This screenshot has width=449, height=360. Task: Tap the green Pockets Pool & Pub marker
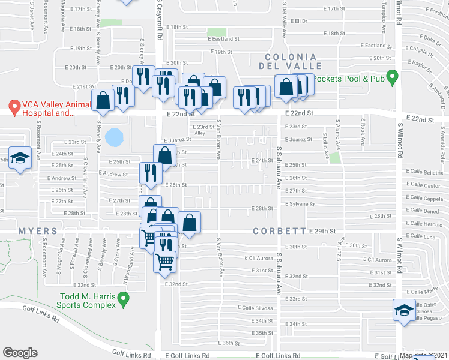point(393,77)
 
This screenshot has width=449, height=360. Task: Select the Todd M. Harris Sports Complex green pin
point(124,298)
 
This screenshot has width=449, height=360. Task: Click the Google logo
point(20,353)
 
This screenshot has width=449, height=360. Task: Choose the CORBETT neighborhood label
point(280,231)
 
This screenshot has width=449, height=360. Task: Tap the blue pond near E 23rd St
point(113,137)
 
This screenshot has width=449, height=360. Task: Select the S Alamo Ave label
point(338,141)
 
